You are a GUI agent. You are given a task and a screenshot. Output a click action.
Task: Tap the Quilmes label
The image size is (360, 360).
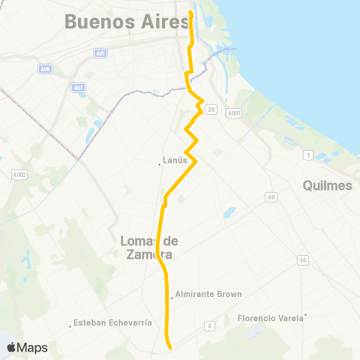328,185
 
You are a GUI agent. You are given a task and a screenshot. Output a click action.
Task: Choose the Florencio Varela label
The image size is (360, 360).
271,318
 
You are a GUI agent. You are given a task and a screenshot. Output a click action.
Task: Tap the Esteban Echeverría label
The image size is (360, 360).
112,324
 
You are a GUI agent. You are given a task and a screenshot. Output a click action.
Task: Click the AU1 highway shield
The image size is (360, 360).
100,52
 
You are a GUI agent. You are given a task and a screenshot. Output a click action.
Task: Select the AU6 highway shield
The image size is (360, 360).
45,69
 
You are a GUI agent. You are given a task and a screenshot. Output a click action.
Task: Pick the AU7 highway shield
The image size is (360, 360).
78,88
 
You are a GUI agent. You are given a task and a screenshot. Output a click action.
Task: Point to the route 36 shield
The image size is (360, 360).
211,109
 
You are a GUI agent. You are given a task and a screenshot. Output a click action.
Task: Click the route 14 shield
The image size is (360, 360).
302,260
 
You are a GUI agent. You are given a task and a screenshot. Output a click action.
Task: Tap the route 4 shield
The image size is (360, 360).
211,325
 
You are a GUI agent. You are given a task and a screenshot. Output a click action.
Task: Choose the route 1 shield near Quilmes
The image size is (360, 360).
307,154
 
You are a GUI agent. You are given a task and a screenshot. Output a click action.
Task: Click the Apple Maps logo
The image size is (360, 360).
27,347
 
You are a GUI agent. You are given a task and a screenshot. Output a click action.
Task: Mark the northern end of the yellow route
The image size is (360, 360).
190,13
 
